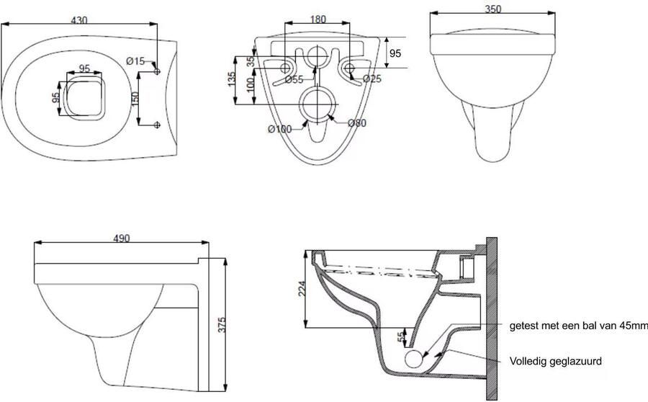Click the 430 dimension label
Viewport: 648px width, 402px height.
coord(79,20)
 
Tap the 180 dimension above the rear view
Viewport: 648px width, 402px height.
coord(318,19)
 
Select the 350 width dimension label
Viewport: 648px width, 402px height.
coord(492,9)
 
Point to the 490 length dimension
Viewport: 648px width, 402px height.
coord(121,238)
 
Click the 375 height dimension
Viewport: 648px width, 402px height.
coord(222,325)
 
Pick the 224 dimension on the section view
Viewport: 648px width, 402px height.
coord(302,289)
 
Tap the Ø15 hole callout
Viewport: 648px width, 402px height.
coord(135,61)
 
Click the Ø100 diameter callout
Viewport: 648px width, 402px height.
coord(280,129)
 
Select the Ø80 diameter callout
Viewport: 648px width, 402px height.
coord(357,122)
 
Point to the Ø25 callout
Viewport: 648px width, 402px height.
coord(372,79)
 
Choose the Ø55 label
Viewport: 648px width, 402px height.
coord(294,80)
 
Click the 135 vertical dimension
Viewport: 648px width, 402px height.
coord(231,79)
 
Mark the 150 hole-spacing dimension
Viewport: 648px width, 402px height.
coord(135,99)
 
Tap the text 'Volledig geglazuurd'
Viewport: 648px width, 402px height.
coord(555,362)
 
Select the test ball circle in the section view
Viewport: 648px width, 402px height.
coord(414,358)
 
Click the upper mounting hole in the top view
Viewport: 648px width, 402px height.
coord(157,71)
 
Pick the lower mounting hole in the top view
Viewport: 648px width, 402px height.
coord(157,125)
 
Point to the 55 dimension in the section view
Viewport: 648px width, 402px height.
coord(400,337)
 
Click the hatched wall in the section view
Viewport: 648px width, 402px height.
coord(491,319)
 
